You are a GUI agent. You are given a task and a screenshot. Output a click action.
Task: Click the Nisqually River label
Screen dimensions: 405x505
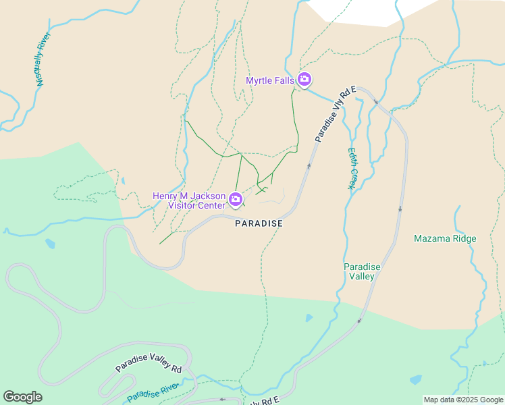[x=43, y=61]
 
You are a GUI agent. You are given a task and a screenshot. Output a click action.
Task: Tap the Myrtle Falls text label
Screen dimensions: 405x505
[x=270, y=80]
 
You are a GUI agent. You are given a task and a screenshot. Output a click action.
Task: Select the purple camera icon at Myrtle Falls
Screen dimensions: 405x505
[x=304, y=80]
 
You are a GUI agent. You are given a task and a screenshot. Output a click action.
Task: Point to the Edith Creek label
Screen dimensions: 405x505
[x=351, y=169]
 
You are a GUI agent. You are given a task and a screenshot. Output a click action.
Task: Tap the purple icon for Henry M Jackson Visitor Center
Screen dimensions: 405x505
[x=236, y=198]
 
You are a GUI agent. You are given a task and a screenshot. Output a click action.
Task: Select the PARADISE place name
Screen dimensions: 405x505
[x=258, y=223]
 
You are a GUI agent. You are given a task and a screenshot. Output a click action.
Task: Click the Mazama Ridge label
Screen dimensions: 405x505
[x=445, y=239]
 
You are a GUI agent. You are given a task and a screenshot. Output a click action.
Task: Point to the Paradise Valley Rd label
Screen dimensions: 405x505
[x=149, y=358]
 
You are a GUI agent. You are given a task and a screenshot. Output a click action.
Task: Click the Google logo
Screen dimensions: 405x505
[x=22, y=397]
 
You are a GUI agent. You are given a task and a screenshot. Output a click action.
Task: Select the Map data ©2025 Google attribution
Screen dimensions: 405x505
[x=463, y=400]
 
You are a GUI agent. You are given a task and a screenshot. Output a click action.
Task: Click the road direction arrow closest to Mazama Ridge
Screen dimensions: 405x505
[x=400, y=209]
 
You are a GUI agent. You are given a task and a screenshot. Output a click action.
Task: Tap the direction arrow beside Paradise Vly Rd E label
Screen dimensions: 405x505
[x=309, y=165]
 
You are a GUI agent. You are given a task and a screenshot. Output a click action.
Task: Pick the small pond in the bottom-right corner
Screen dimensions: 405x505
[x=415, y=379]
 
